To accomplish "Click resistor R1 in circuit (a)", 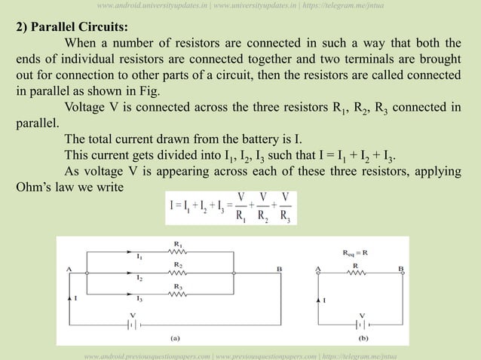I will (x=177, y=252).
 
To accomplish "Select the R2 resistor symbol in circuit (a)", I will (x=177, y=273).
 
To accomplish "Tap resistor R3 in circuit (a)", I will (x=177, y=294).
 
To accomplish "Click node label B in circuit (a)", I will (x=280, y=268).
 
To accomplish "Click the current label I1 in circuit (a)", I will (x=139, y=257).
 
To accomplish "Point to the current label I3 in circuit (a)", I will (x=139, y=299).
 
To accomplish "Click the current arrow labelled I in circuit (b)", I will (x=317, y=300).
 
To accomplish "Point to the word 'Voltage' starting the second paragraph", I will (x=89, y=105).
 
